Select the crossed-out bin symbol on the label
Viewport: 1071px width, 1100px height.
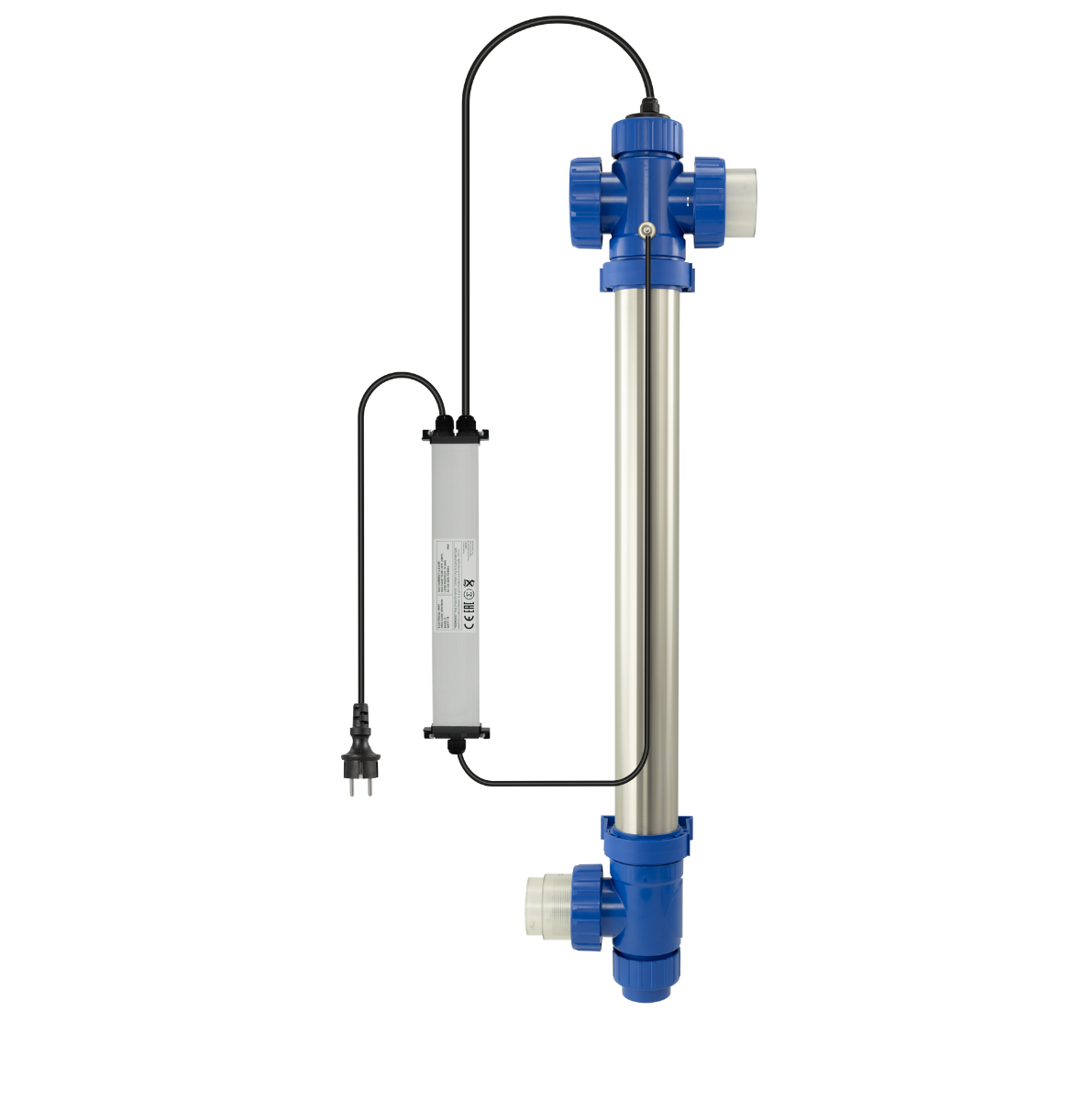click(469, 584)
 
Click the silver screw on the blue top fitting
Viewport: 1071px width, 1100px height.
click(646, 230)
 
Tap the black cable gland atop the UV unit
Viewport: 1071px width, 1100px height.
click(649, 109)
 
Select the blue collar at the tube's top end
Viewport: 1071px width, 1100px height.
click(646, 275)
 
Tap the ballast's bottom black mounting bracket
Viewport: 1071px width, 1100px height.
click(457, 731)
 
